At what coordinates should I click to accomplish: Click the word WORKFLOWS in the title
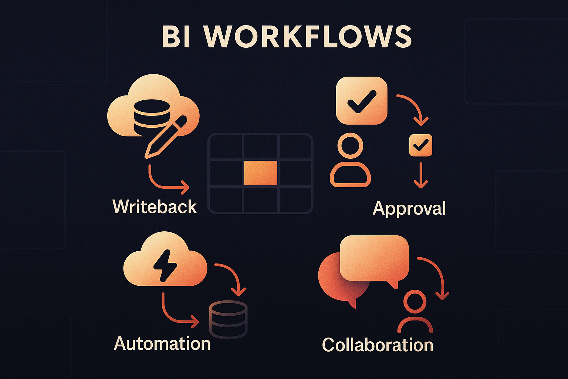click(x=308, y=37)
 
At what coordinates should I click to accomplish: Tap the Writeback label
click(x=155, y=207)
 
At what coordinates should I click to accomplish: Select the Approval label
click(x=409, y=208)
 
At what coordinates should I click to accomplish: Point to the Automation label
click(x=162, y=343)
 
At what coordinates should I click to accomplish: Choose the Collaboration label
click(x=378, y=345)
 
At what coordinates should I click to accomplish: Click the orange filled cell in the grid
click(x=261, y=173)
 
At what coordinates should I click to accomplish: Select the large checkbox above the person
click(x=361, y=100)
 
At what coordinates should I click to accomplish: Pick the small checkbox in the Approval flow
click(x=420, y=145)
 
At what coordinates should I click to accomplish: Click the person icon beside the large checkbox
click(x=350, y=161)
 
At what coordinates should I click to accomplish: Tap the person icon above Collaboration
click(x=415, y=312)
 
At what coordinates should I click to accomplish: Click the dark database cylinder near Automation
click(x=228, y=319)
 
